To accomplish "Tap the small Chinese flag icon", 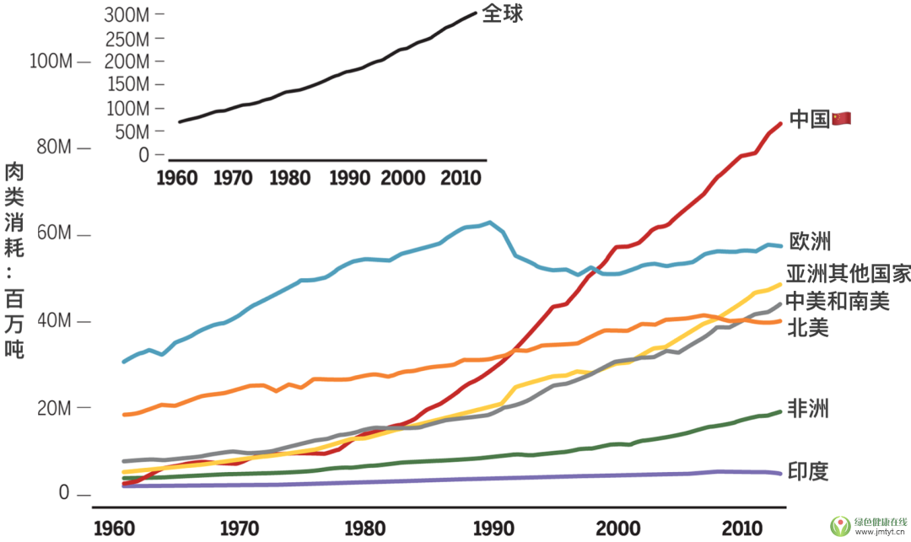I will (842, 119).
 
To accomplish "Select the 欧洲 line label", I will (810, 242).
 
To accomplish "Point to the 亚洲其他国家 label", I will (848, 275).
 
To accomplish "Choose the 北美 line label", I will (808, 327).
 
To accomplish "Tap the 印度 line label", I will (808, 471).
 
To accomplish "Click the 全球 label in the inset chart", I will (503, 13).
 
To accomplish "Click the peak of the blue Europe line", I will (489, 223).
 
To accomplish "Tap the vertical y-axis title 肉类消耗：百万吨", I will (14, 261).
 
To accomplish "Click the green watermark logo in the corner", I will (840, 525).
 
